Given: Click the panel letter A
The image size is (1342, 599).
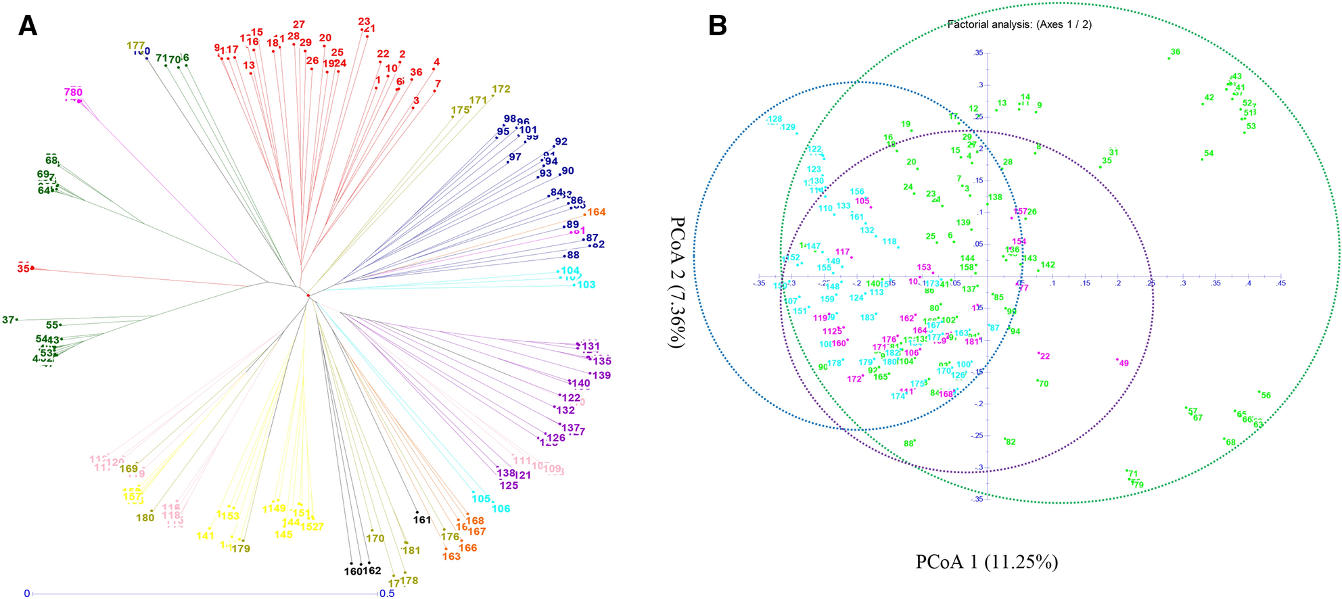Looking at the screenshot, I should click(28, 25).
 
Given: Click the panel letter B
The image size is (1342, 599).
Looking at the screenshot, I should click(717, 25).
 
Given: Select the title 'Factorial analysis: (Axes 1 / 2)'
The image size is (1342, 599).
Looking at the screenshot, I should click(1019, 24).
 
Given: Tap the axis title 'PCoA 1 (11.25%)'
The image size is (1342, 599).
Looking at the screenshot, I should click(986, 562).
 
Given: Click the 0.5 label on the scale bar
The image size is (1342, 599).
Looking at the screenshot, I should click(387, 594).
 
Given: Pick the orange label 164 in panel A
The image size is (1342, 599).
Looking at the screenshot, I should click(597, 212).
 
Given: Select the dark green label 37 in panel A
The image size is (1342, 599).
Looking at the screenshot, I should click(8, 320).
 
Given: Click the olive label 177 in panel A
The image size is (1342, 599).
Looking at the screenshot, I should click(136, 46).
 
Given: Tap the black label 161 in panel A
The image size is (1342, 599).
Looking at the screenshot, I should click(422, 520).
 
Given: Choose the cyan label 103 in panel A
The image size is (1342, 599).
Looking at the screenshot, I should click(586, 285).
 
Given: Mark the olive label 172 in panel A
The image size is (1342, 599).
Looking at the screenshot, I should click(501, 89).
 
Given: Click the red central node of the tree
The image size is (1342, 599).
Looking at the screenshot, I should click(308, 295).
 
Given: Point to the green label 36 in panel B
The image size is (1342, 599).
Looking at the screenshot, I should click(1176, 52).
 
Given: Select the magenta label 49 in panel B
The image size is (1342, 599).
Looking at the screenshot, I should click(1124, 363).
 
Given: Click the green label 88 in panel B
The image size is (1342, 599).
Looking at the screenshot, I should click(908, 444).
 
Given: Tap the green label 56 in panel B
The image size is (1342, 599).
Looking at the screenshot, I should click(1266, 396).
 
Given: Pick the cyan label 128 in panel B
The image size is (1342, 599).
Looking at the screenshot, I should click(774, 119).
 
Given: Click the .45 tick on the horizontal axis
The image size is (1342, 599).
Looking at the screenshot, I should click(1280, 283).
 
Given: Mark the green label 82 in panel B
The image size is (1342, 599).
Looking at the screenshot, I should click(1011, 442).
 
